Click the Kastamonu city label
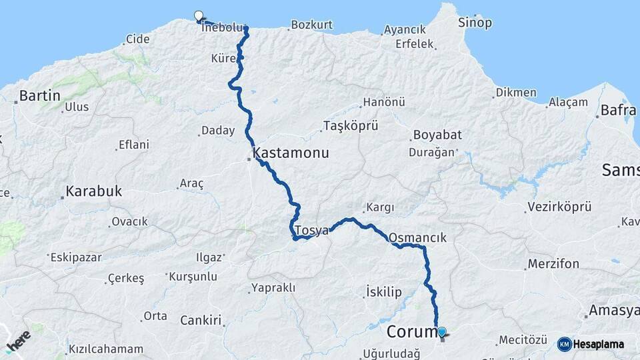tap(291, 153)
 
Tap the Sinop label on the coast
tap(475, 23)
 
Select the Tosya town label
tap(312, 231)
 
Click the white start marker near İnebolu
tap(198, 16)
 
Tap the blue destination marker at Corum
tap(441, 332)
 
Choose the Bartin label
tap(39, 95)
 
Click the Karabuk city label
tap(93, 191)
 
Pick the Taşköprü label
tap(351, 125)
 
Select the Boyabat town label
tap(437, 135)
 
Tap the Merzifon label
tap(553, 264)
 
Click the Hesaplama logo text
tap(598, 344)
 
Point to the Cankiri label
tap(201, 321)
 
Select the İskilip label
tap(384, 291)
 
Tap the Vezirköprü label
tap(555, 207)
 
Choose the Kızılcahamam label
tap(105, 349)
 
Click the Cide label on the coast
tap(138, 39)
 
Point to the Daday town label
tap(217, 131)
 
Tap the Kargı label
tap(381, 208)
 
